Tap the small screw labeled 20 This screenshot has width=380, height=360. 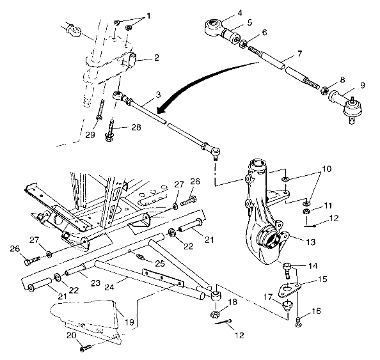tap(85, 347)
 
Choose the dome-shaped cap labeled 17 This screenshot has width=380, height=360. tap(285, 301)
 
